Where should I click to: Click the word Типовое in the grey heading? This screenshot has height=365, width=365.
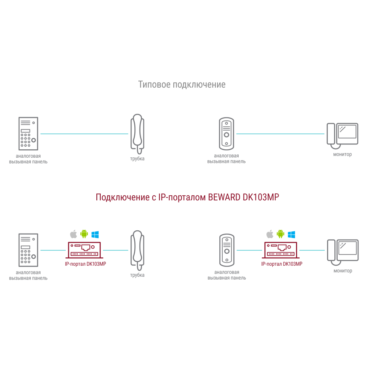pos(154,85)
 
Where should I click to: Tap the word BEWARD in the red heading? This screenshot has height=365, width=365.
pos(224,197)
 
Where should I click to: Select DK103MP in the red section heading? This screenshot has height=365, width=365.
pos(261,197)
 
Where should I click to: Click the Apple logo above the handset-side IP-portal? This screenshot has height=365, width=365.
pos(74,234)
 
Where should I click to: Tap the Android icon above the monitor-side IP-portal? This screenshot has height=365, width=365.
pos(280,234)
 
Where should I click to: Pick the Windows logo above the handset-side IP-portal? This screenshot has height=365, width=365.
pos(95,234)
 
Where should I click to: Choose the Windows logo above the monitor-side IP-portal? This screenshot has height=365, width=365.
pos(291,234)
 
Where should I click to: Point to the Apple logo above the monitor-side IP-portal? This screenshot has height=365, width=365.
pos(270,234)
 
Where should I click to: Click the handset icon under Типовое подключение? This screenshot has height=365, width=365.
pos(138,134)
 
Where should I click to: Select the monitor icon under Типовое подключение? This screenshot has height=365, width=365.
pos(342,136)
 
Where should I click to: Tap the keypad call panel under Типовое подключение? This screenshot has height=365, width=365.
pos(28,134)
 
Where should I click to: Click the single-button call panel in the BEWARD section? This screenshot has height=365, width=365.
pos(227,250)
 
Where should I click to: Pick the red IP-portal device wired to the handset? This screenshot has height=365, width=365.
pos(84,250)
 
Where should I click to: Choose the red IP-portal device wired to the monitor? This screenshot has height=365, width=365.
pos(281,250)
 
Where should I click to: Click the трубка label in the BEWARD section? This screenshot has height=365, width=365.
pos(137,275)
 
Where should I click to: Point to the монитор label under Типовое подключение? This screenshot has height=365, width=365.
pos(342,154)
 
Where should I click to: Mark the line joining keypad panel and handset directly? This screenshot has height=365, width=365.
pos(84,134)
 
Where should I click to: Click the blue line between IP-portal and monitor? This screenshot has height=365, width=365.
pos(312,250)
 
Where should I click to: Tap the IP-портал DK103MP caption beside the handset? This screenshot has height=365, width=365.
pos(85,264)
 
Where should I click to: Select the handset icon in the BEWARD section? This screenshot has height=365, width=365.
pos(138,250)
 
